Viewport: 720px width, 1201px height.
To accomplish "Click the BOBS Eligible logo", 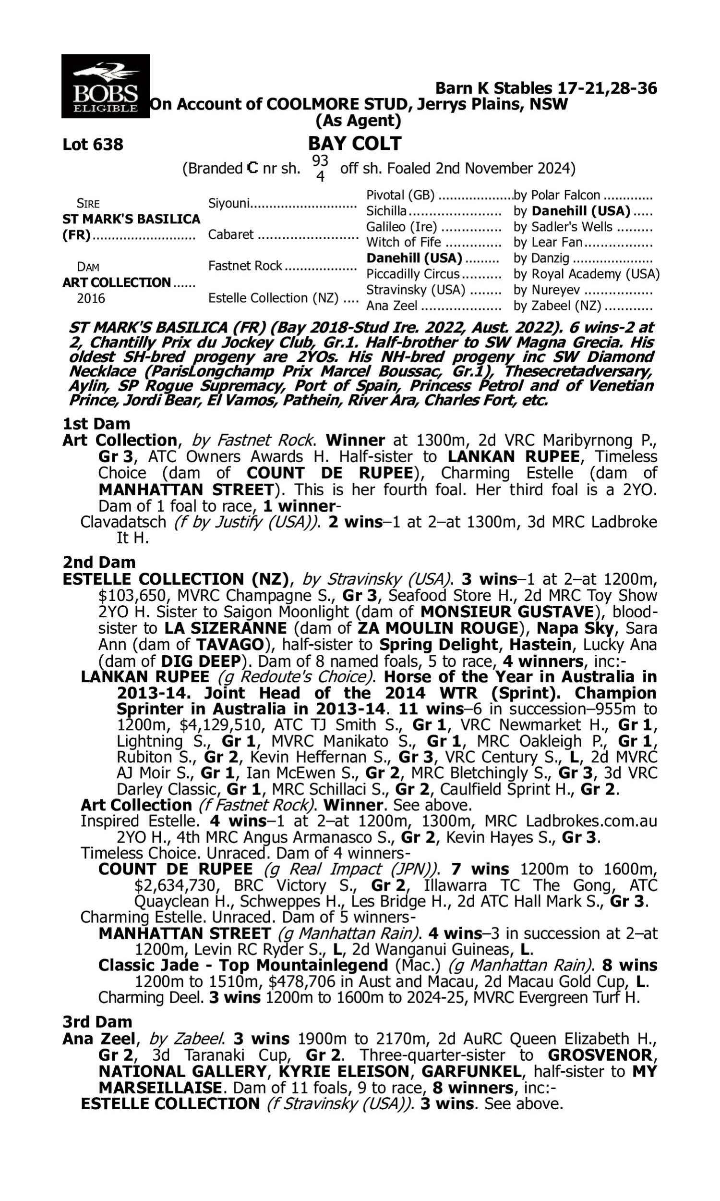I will (x=105, y=86).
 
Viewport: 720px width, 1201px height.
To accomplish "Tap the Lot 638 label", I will (x=93, y=145).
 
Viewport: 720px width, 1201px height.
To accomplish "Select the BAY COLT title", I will (x=355, y=144).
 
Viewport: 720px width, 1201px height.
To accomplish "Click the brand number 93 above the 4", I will (x=320, y=160).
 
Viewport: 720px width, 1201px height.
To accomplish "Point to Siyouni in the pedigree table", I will (x=228, y=203).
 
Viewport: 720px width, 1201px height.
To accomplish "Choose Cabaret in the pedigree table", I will (x=230, y=234).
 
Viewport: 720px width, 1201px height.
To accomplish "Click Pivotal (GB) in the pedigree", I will (x=400, y=196).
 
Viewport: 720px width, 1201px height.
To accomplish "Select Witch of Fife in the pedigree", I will (x=403, y=242).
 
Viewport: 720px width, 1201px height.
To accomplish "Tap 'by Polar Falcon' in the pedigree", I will (x=556, y=196).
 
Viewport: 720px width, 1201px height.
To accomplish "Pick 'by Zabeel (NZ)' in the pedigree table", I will (x=557, y=306).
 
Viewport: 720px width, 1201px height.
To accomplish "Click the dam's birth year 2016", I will (x=91, y=298).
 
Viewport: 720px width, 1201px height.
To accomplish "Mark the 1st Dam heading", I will (x=96, y=424).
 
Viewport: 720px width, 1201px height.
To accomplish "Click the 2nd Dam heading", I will (x=98, y=562).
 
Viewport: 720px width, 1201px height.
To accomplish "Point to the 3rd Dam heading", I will (x=97, y=1022).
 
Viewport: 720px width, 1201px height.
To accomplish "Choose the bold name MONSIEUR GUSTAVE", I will (x=506, y=612).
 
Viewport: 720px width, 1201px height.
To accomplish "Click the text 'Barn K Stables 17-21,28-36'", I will (x=546, y=88).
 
